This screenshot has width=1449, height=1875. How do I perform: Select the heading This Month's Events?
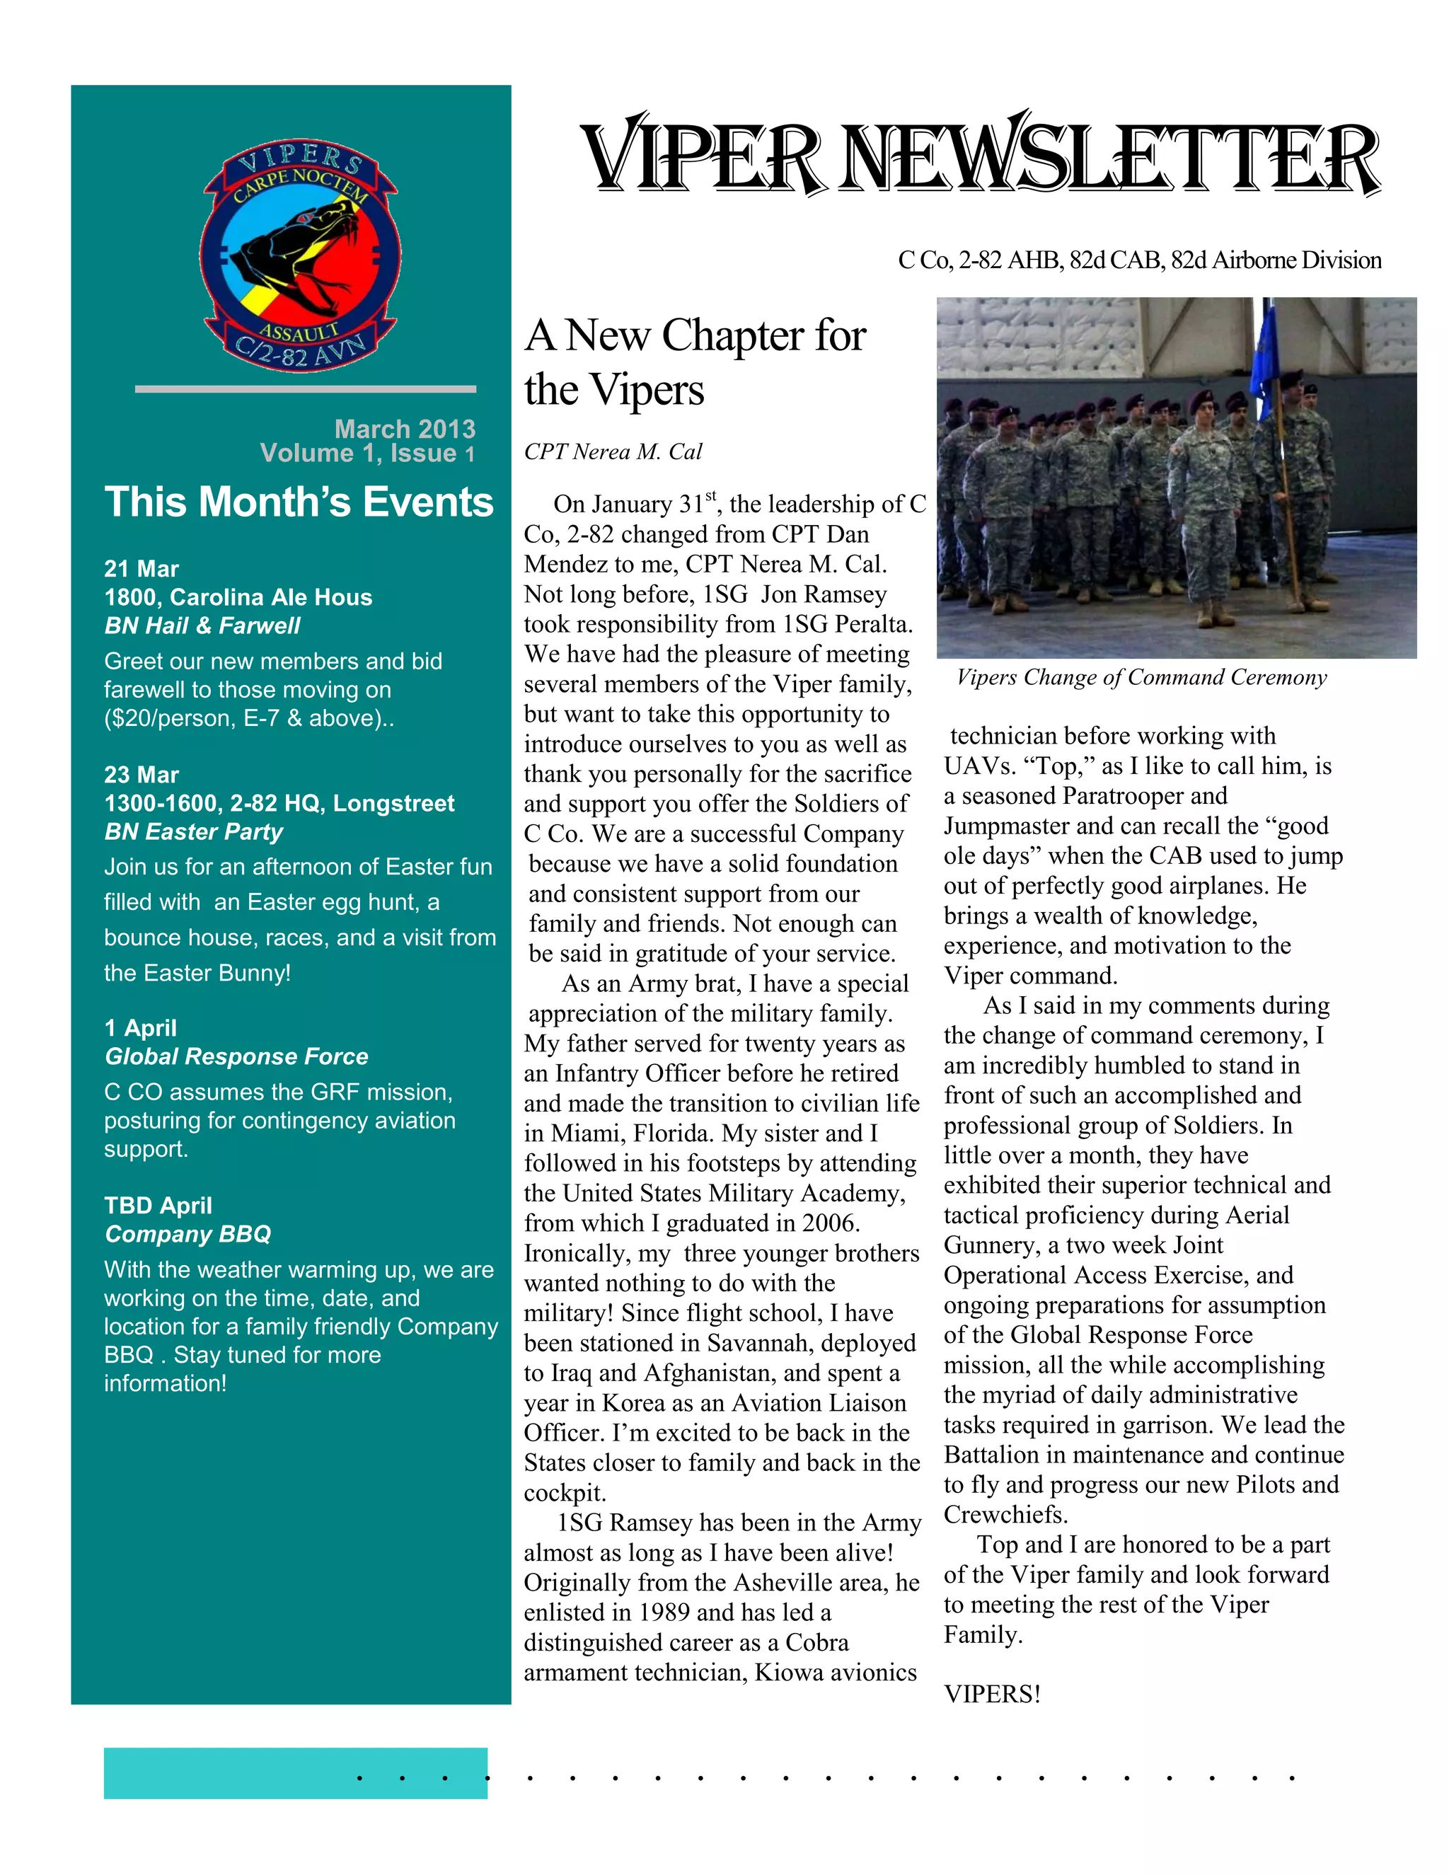tap(299, 502)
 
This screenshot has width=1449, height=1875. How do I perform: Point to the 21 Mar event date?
tap(142, 568)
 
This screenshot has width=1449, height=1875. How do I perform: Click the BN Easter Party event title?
tap(194, 831)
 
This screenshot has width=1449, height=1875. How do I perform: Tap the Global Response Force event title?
tap(236, 1056)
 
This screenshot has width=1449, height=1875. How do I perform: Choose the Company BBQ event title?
tap(188, 1234)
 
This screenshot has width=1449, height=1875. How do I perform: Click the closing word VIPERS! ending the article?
tap(991, 1694)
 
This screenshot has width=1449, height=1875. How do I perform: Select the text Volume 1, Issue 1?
tap(367, 454)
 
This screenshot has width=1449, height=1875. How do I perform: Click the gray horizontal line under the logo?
tap(305, 389)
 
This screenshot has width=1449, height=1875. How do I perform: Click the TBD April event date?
tap(158, 1206)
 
